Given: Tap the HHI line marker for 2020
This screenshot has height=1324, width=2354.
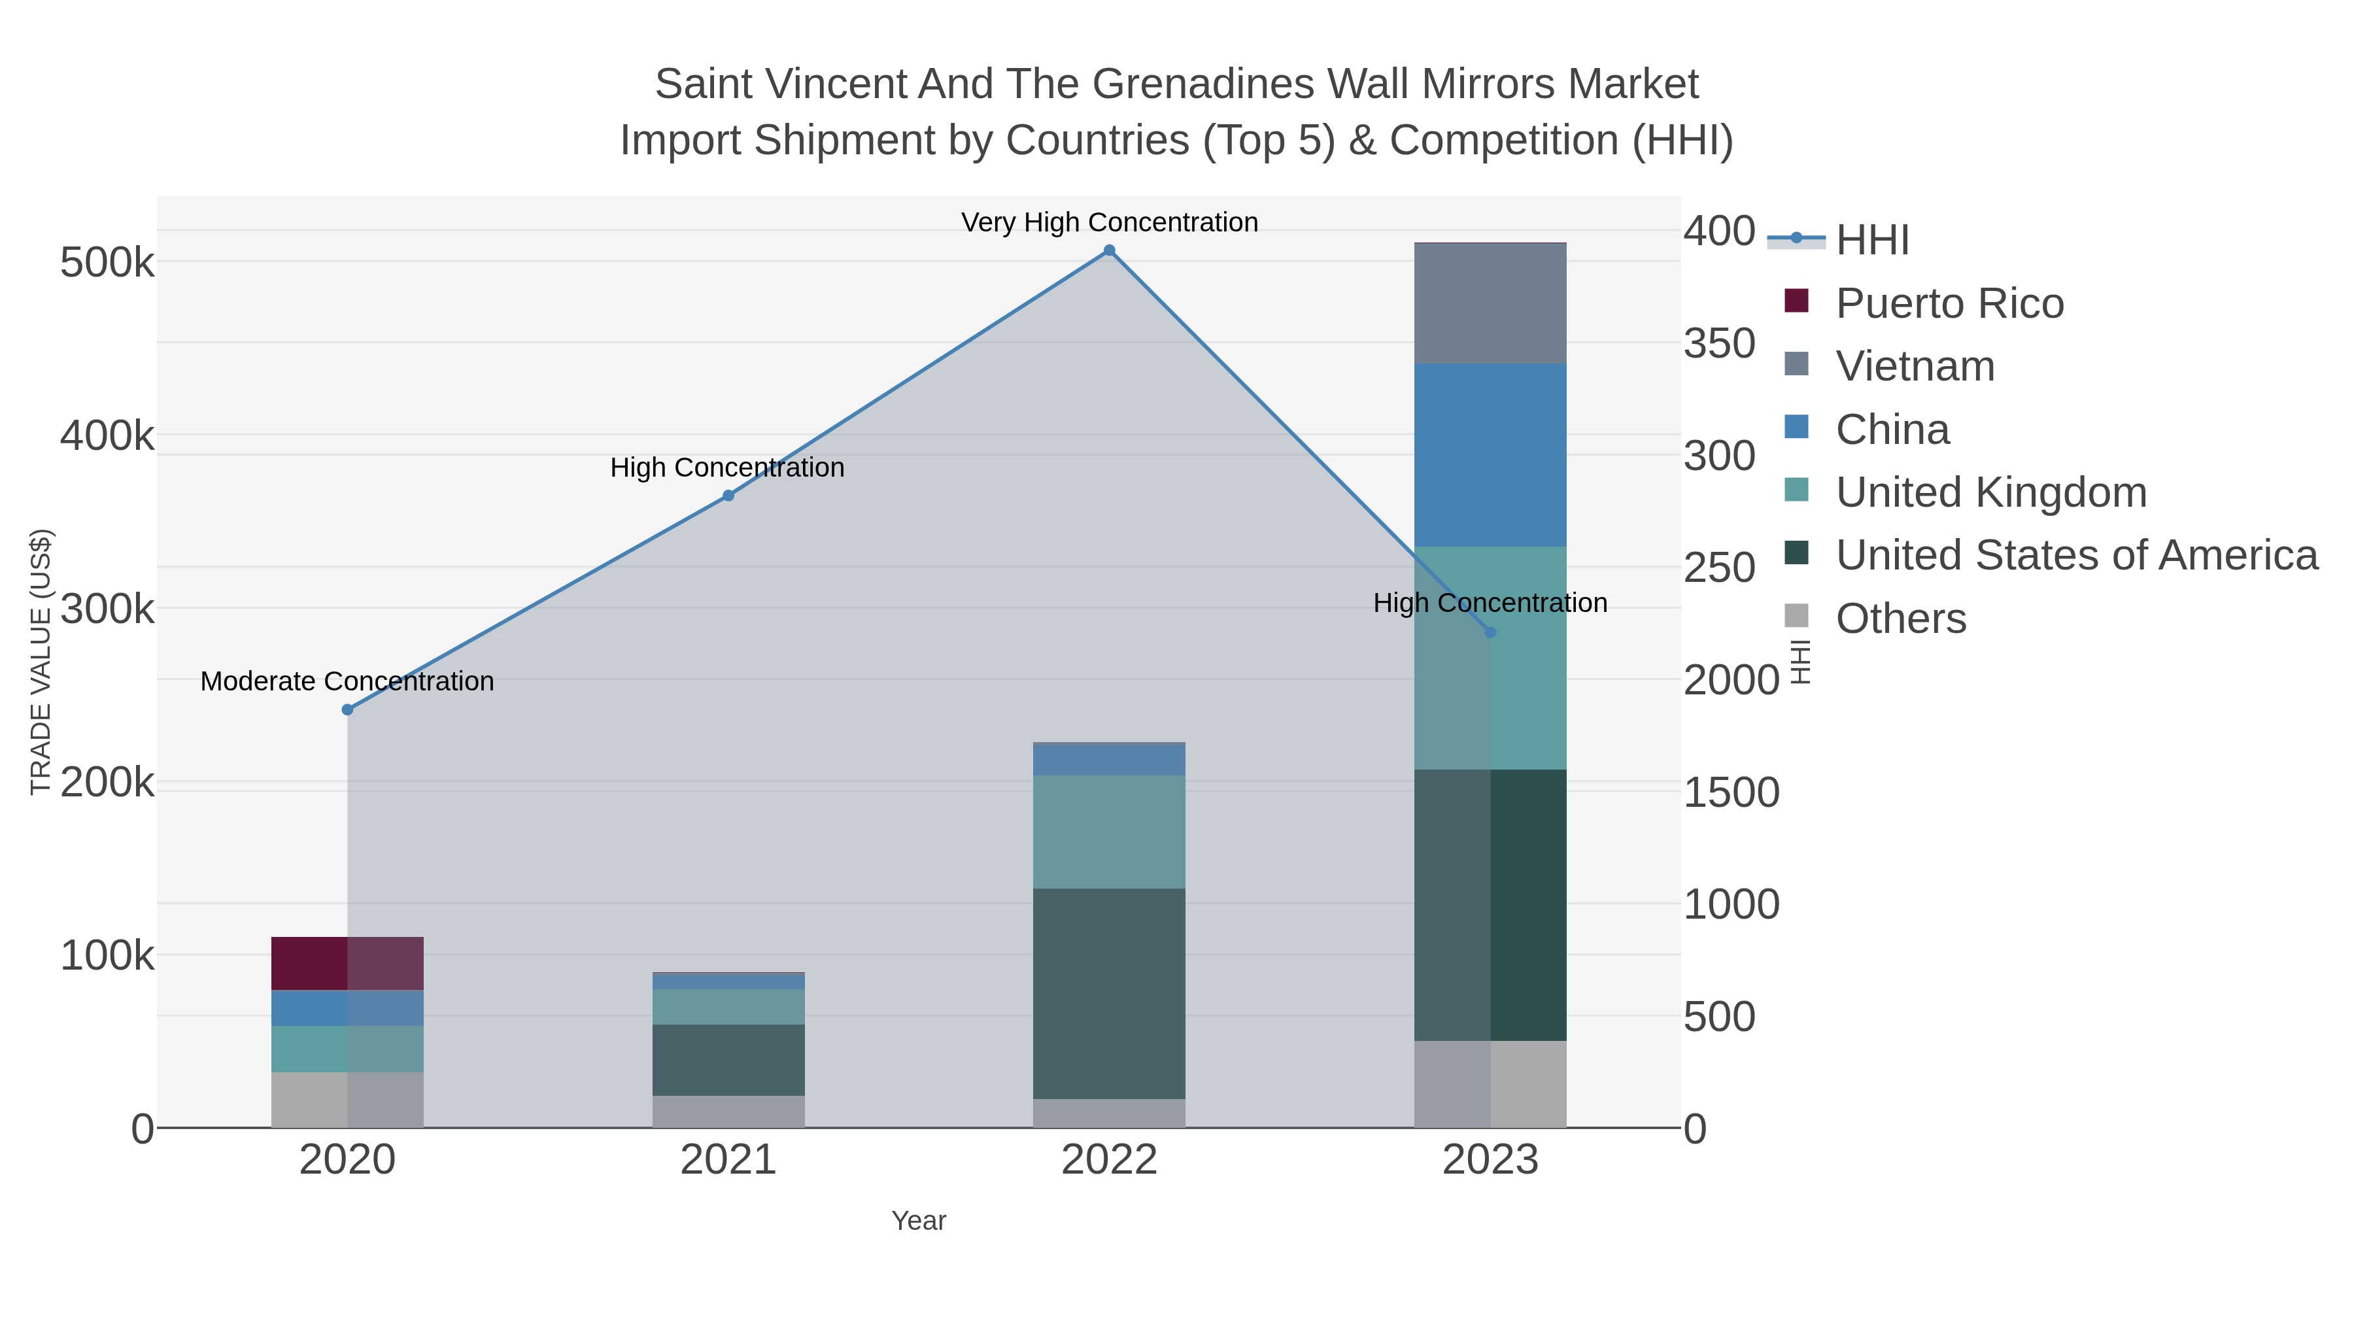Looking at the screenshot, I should tap(347, 710).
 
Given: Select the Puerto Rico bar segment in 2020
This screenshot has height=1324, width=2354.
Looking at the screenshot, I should tap(347, 963).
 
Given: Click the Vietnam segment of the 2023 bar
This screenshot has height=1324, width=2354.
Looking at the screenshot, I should tap(1490, 303).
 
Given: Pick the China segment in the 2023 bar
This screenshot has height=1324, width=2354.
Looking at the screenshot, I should tap(1490, 455).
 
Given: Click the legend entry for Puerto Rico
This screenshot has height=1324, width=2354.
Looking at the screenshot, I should tap(1949, 303).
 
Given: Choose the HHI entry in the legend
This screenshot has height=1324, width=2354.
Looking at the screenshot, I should tap(1871, 241).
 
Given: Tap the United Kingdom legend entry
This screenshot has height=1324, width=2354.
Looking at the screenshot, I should tap(1990, 492).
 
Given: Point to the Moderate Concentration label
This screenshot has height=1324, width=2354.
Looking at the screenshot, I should tap(347, 682).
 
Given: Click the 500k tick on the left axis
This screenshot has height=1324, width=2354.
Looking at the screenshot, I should tap(107, 263).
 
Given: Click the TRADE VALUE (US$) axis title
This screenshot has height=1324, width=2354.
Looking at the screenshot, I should tap(41, 662).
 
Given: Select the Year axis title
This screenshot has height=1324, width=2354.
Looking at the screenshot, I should tap(919, 1221).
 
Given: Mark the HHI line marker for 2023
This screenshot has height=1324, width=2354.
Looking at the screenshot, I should tap(1490, 632).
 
